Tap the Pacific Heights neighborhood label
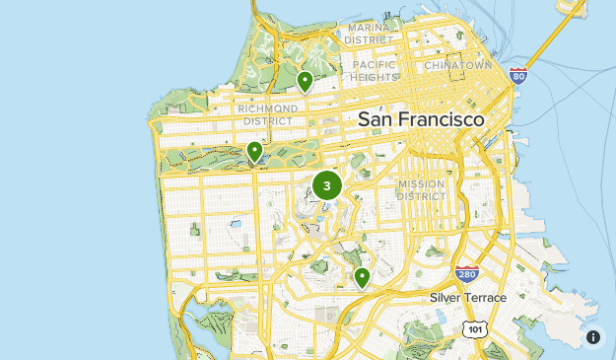[375, 70]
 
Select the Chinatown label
[457, 64]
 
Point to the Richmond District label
[267, 113]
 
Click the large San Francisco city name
[421, 119]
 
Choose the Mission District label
[421, 189]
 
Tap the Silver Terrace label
[468, 297]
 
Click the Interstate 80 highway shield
[518, 75]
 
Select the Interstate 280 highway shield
[467, 273]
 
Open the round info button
[593, 337]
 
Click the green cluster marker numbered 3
[327, 185]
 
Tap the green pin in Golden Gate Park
[254, 151]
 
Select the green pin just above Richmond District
[306, 80]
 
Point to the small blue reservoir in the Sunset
[236, 224]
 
